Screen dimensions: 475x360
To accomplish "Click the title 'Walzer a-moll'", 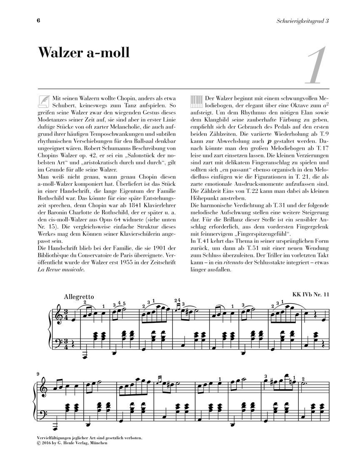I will (x=84, y=53).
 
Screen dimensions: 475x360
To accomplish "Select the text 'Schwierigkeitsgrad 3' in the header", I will (x=297, y=21).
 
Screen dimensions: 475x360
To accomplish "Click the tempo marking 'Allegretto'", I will (x=79, y=297).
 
